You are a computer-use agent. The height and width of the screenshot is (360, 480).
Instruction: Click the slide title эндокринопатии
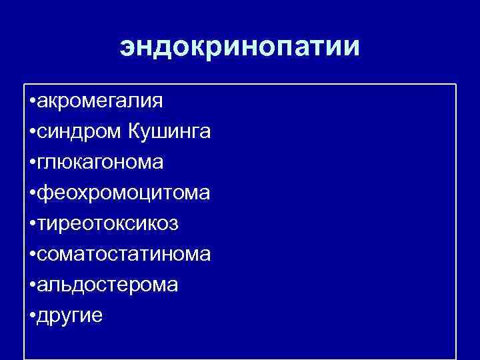coord(240,47)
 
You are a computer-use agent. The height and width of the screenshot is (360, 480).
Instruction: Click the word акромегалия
coord(100,101)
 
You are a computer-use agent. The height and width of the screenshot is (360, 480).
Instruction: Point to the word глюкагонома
coord(101,163)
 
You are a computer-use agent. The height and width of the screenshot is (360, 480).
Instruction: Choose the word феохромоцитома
coord(124,193)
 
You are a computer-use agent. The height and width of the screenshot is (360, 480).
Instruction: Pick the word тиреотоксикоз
coord(108,224)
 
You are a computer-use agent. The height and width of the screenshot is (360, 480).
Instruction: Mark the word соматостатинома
coord(125,254)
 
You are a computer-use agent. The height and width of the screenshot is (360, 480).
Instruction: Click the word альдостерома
coord(108,285)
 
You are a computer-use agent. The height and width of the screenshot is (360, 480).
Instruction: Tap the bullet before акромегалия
coord(33,102)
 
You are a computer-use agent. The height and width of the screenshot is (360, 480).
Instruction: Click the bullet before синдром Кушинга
coord(33,133)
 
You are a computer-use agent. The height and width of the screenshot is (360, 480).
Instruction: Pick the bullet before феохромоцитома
coord(33,194)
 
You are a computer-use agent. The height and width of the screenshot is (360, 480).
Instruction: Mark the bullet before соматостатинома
coord(33,255)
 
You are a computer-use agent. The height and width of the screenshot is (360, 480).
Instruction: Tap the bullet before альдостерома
coord(33,285)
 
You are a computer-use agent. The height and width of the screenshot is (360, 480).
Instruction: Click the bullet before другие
coord(33,316)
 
